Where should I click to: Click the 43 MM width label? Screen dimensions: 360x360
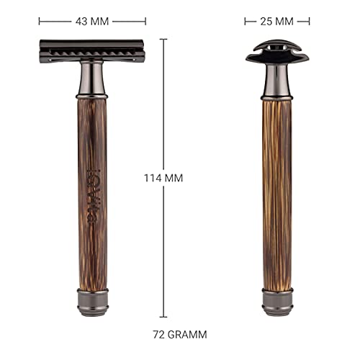point(91,21)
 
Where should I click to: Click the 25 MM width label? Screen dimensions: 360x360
point(277,21)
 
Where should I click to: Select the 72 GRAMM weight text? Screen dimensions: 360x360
point(180,334)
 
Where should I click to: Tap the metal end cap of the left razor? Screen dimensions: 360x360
point(92,302)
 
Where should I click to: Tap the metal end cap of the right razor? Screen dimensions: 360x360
point(277,302)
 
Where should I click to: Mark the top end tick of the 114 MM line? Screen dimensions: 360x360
point(163,40)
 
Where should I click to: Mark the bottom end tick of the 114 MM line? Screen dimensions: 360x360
point(163,316)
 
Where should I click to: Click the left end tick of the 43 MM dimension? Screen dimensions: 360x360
point(39,21)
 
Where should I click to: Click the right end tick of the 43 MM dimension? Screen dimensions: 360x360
point(145,21)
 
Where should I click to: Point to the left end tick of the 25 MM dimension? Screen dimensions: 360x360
point(245,21)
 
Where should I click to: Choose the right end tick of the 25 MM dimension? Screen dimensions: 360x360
point(310,21)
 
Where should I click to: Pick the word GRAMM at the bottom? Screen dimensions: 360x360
point(189,334)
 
